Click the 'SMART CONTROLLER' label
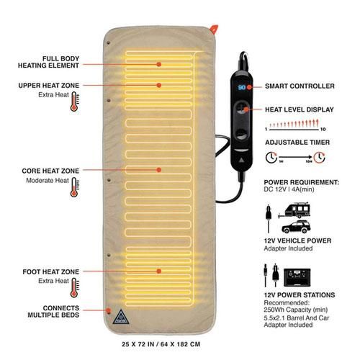point(300,86)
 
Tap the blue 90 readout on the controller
point(241,87)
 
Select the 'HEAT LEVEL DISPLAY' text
point(300,109)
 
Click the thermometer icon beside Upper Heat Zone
point(74,102)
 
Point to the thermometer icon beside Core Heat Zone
point(74,187)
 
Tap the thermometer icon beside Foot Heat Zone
point(74,288)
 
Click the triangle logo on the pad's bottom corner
point(121,317)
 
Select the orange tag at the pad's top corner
point(214,29)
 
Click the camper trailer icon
point(294,210)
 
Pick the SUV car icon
point(296,227)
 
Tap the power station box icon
point(297,277)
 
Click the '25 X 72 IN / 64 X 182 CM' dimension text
point(161,344)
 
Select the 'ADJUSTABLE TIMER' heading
point(297,143)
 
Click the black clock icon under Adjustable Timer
point(271,158)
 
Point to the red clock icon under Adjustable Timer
point(320,158)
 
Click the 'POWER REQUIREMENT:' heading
point(302,182)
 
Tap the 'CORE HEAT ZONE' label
point(50,171)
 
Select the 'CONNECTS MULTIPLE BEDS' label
point(53,312)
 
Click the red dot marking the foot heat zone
point(158,271)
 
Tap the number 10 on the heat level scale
point(323,130)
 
